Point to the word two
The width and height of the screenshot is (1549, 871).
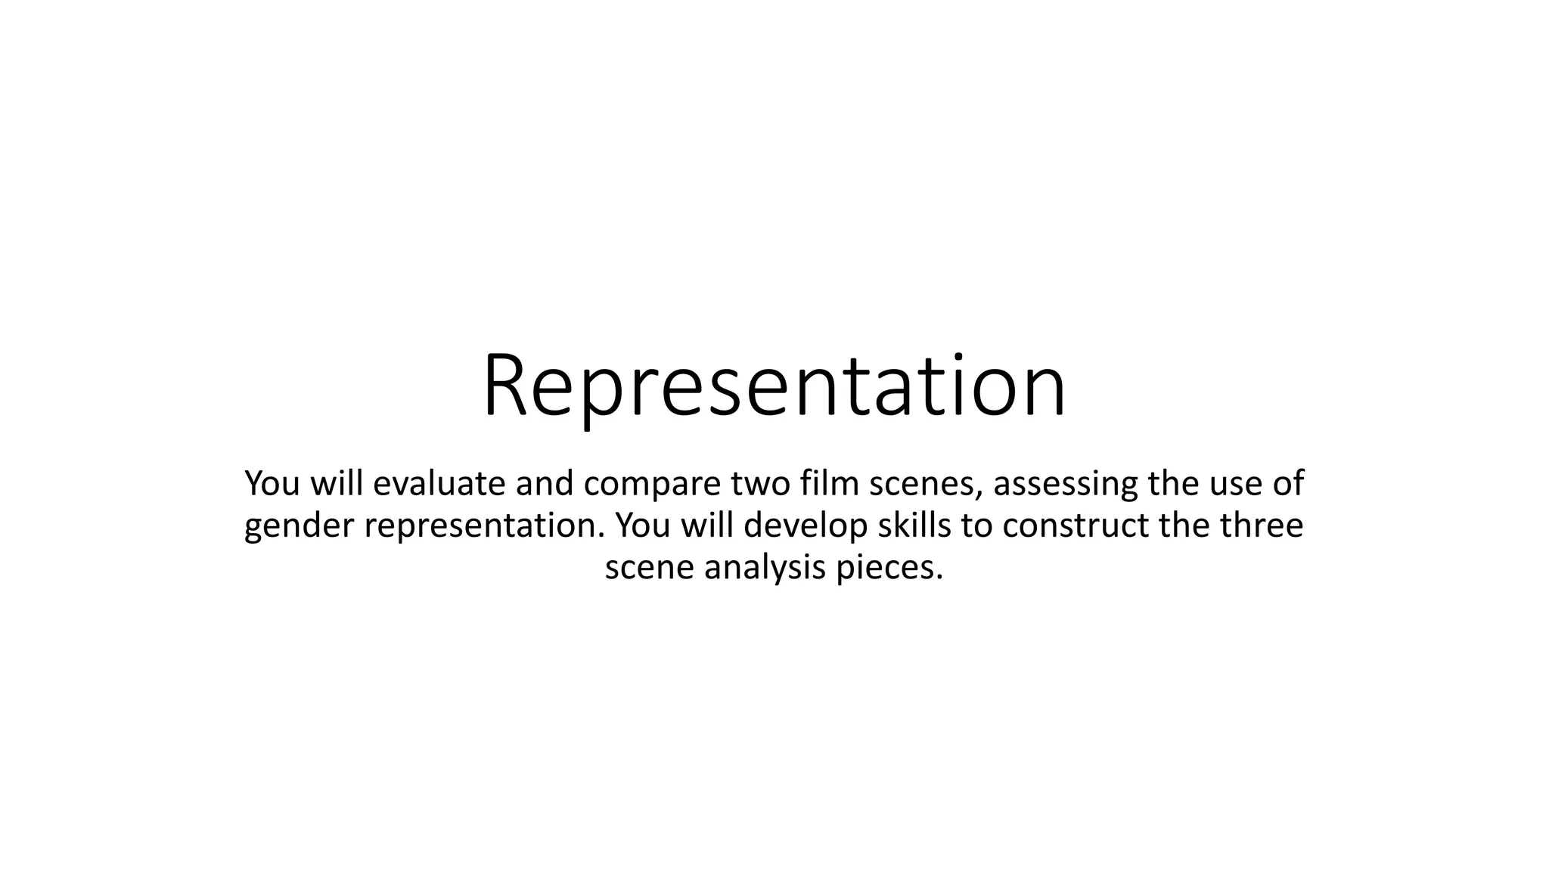[x=760, y=484]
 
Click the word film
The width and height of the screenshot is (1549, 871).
[x=829, y=483]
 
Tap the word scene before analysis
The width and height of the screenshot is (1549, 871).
[x=649, y=568]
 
